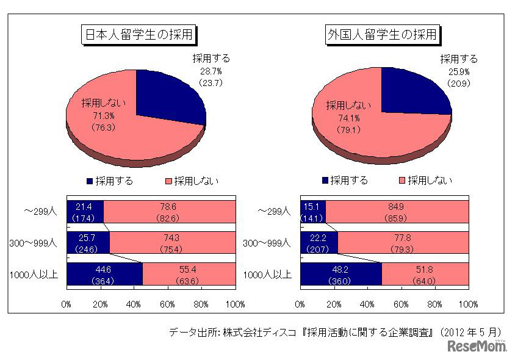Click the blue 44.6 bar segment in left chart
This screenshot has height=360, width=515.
104,274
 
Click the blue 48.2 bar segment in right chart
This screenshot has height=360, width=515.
341,274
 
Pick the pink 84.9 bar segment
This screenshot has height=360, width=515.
397,211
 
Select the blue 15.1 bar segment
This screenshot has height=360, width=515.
312,211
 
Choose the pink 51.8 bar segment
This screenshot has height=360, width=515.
425,274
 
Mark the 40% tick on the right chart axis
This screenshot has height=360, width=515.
367,303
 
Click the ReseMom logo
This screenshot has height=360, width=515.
478,346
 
